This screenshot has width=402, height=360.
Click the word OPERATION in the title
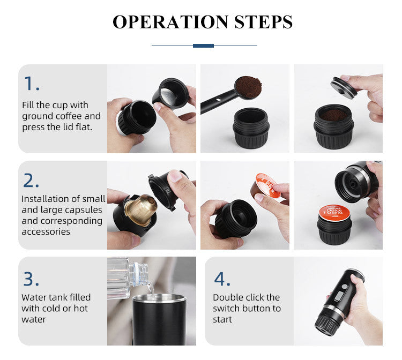click(162, 22)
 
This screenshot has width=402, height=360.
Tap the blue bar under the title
click(203, 46)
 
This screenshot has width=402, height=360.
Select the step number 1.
click(31, 83)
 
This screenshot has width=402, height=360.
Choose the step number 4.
click(222, 279)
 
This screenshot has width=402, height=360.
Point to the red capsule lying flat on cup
click(335, 213)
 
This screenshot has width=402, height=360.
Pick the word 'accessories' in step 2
click(46, 231)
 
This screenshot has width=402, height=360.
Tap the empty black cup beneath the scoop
click(251, 129)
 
